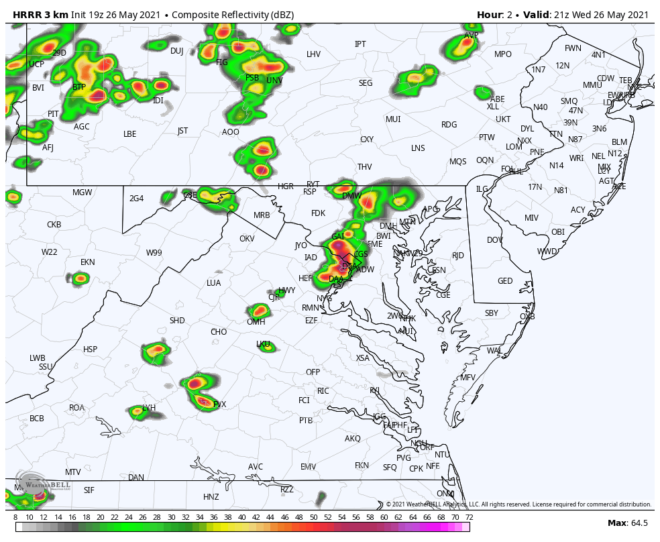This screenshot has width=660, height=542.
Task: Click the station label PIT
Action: [53, 114]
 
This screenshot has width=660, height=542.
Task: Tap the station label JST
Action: [182, 131]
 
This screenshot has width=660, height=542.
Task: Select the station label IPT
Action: [360, 44]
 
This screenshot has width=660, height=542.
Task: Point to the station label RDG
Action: [449, 125]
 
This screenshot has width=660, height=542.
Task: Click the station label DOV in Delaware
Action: [494, 240]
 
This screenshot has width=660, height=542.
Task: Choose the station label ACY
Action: [577, 210]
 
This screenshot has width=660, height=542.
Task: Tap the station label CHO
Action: [219, 332]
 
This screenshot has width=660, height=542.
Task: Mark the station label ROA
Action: [77, 408]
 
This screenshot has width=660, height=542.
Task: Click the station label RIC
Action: [323, 391]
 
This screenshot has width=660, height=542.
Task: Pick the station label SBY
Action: [492, 313]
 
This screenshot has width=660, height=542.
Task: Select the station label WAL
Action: [494, 351]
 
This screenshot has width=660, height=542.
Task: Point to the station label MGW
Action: [82, 193]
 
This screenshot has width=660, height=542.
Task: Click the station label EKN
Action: [88, 262]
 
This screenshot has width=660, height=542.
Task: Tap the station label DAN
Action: [136, 478]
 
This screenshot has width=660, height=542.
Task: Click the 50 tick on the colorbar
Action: [313, 518]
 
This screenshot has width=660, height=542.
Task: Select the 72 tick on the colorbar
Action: [470, 518]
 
